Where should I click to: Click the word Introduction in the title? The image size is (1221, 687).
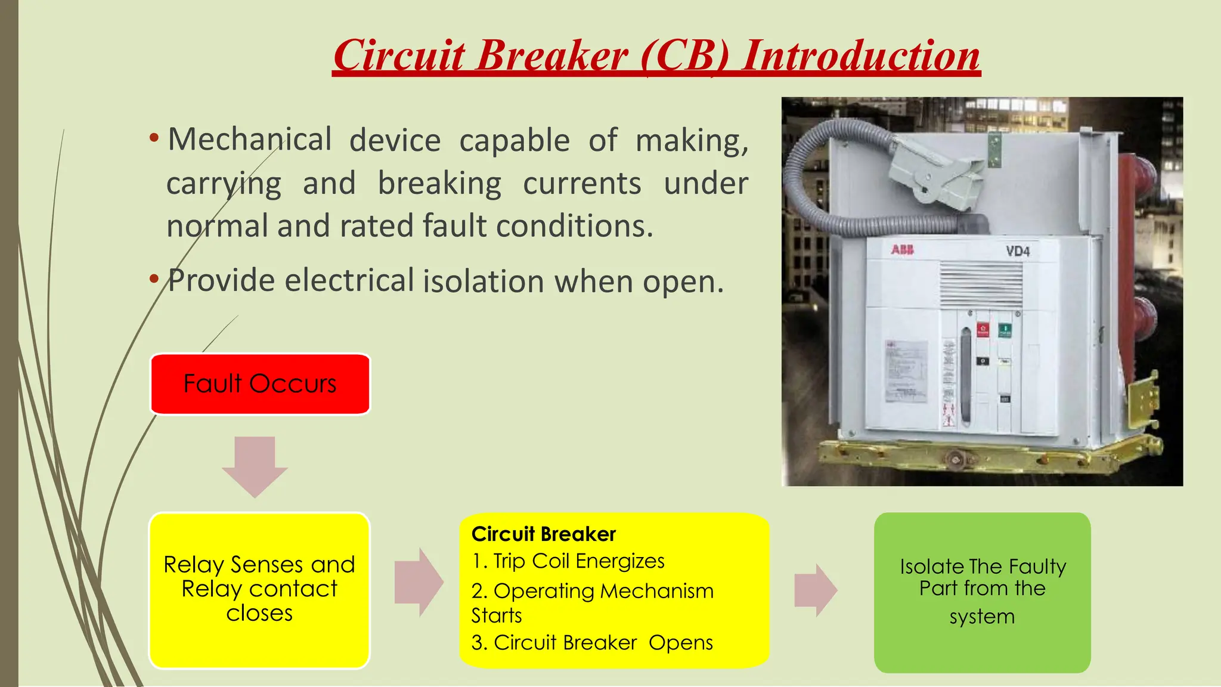860,55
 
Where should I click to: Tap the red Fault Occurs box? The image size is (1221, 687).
260,384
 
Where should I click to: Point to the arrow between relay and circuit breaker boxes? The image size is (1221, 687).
419,582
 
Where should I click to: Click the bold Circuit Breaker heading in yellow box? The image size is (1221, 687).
543,534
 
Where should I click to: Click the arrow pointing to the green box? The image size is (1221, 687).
816,590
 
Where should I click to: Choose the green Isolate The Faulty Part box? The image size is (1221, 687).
982,592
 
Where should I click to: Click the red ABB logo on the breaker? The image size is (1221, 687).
902,250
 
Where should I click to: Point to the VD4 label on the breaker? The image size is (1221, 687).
1018,251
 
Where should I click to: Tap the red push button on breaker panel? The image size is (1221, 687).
983,330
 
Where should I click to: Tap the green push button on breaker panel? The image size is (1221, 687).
1005,330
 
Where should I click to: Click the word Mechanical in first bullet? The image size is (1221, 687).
249,140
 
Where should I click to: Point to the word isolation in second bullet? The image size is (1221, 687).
484,281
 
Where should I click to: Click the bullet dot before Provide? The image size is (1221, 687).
154,279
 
